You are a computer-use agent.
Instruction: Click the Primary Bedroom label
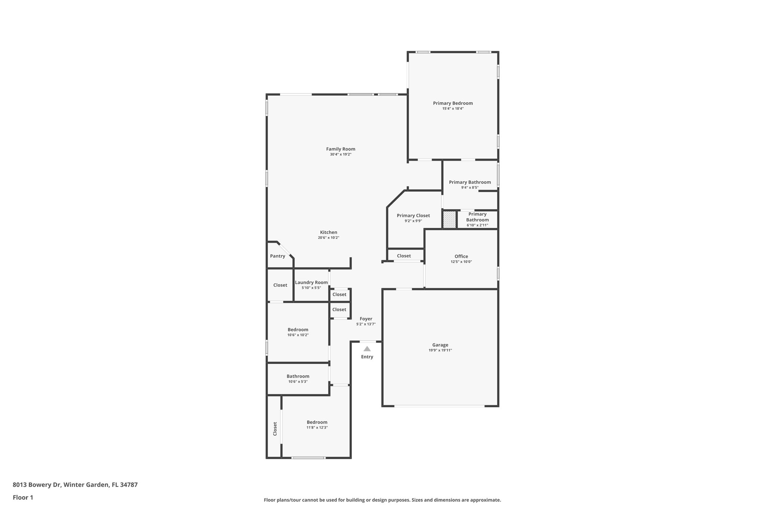(453, 103)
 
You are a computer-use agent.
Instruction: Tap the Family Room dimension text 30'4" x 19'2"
(340, 154)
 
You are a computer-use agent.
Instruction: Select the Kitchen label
(328, 232)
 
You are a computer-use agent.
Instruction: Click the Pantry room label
(278, 256)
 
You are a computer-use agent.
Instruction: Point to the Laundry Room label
(311, 282)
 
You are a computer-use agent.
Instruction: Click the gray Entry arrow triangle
(367, 349)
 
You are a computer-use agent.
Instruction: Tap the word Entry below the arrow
(367, 357)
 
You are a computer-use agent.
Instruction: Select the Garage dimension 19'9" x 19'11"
(440, 350)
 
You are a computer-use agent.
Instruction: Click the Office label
(461, 256)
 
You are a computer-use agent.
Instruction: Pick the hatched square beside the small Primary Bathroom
(449, 220)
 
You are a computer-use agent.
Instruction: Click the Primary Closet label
(413, 216)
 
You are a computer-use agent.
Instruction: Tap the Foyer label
(366, 319)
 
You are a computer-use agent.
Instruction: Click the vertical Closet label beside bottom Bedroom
(275, 429)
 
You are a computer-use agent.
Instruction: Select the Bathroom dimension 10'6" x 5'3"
(298, 381)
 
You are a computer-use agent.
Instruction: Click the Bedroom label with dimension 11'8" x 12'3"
(317, 422)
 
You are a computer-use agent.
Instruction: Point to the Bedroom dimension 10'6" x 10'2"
(298, 335)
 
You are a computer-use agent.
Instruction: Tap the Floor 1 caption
(23, 497)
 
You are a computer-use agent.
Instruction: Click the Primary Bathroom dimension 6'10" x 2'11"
(477, 225)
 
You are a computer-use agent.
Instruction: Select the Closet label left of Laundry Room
(280, 285)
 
